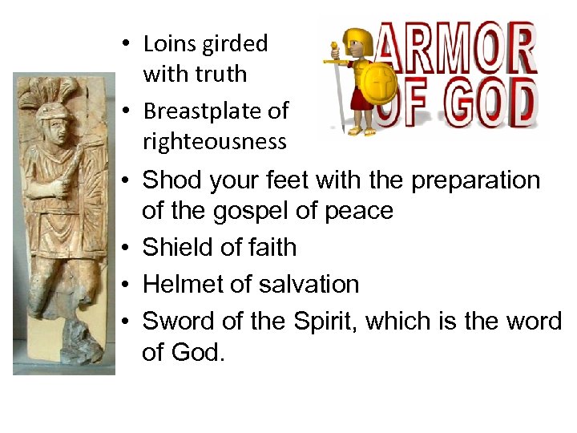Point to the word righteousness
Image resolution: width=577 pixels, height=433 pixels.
click(x=214, y=142)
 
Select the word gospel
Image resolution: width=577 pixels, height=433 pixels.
click(x=276, y=211)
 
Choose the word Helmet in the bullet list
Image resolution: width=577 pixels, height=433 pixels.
click(x=180, y=285)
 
